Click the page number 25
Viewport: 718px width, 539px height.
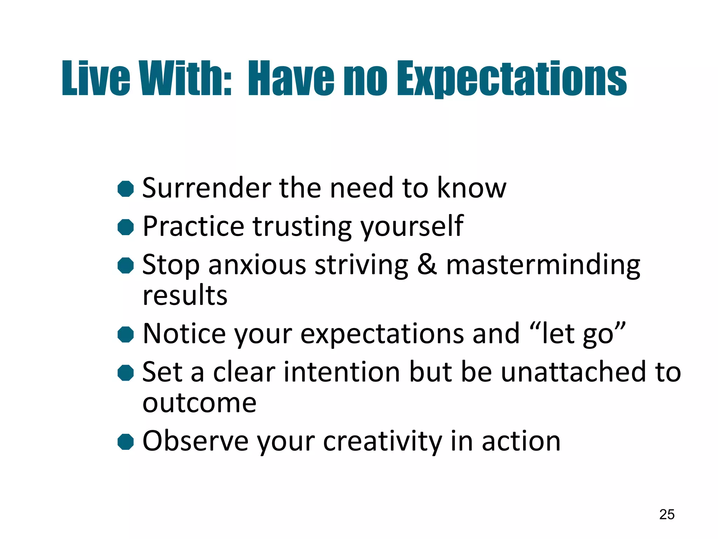click(x=666, y=514)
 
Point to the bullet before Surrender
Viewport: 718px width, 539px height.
click(x=126, y=189)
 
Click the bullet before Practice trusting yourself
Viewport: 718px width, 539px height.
click(x=126, y=227)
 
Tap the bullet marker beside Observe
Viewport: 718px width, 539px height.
click(x=126, y=441)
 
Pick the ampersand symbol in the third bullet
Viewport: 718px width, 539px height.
click(x=427, y=265)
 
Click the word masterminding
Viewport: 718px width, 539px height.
click(x=543, y=265)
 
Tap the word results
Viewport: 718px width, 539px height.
click(x=185, y=295)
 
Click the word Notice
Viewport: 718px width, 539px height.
click(x=184, y=333)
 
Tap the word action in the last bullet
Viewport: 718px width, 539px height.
click(x=521, y=441)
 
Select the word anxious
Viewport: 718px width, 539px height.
click(x=258, y=265)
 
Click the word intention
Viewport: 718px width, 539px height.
click(x=341, y=372)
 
